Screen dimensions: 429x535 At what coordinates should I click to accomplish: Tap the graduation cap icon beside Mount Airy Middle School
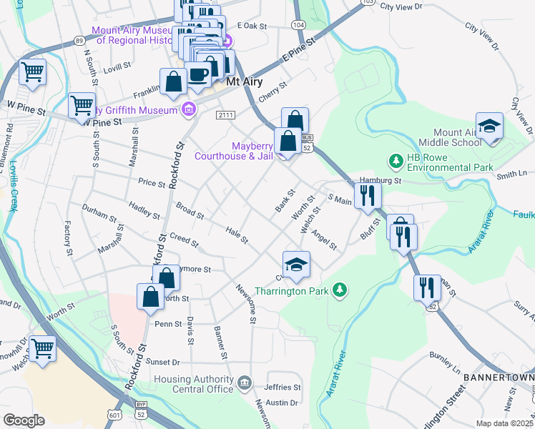tap(489, 126)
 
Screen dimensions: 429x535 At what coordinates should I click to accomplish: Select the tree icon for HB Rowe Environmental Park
tap(393, 159)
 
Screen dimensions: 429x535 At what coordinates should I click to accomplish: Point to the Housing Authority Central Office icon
tap(245, 380)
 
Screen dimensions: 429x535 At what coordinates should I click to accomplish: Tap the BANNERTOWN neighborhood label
tap(498, 377)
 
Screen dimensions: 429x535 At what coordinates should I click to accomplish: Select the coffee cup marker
tap(197, 74)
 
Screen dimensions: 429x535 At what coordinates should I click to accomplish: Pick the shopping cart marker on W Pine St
tap(82, 105)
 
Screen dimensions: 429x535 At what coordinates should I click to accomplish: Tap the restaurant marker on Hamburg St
tap(368, 194)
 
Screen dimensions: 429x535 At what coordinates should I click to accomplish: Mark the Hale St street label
tap(236, 234)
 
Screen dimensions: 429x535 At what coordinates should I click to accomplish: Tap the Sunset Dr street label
tap(165, 363)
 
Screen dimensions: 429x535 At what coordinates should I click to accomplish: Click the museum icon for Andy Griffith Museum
tap(188, 109)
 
